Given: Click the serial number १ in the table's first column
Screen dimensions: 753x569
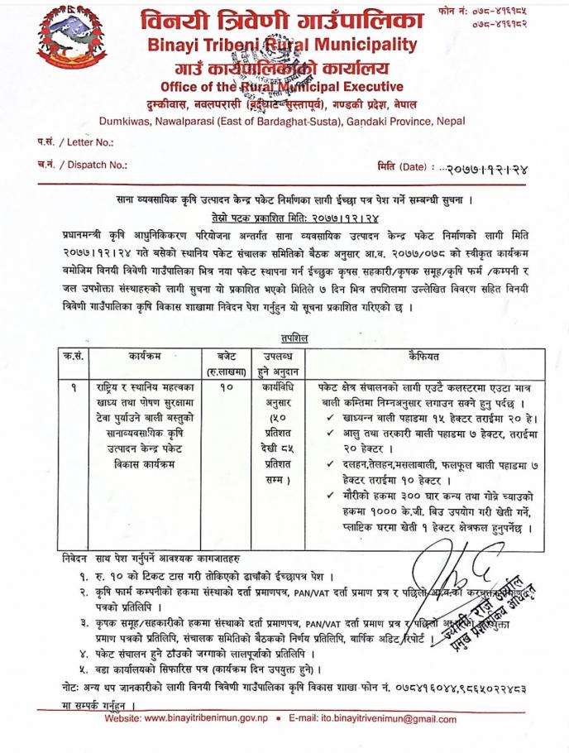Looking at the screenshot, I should pos(77,386).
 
